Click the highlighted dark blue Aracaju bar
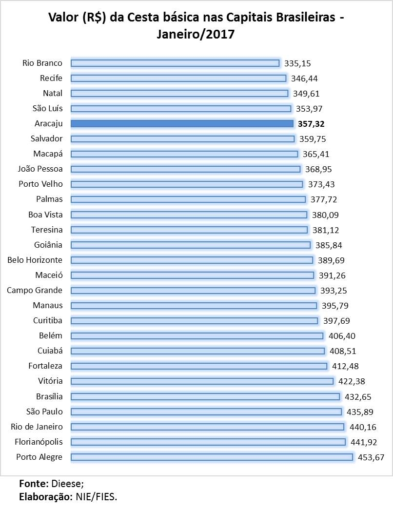pos(182,123)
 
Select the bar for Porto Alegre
pos(212,457)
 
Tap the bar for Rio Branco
pos(175,63)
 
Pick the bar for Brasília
pos(205,396)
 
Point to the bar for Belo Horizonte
pos(192,260)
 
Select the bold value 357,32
pos(312,124)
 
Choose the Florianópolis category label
pos(35,442)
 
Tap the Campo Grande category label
pos(35,290)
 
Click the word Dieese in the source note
pos(67,484)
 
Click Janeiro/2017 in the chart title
pos(196,34)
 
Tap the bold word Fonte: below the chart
pos(34,484)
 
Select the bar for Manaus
pos(194,306)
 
